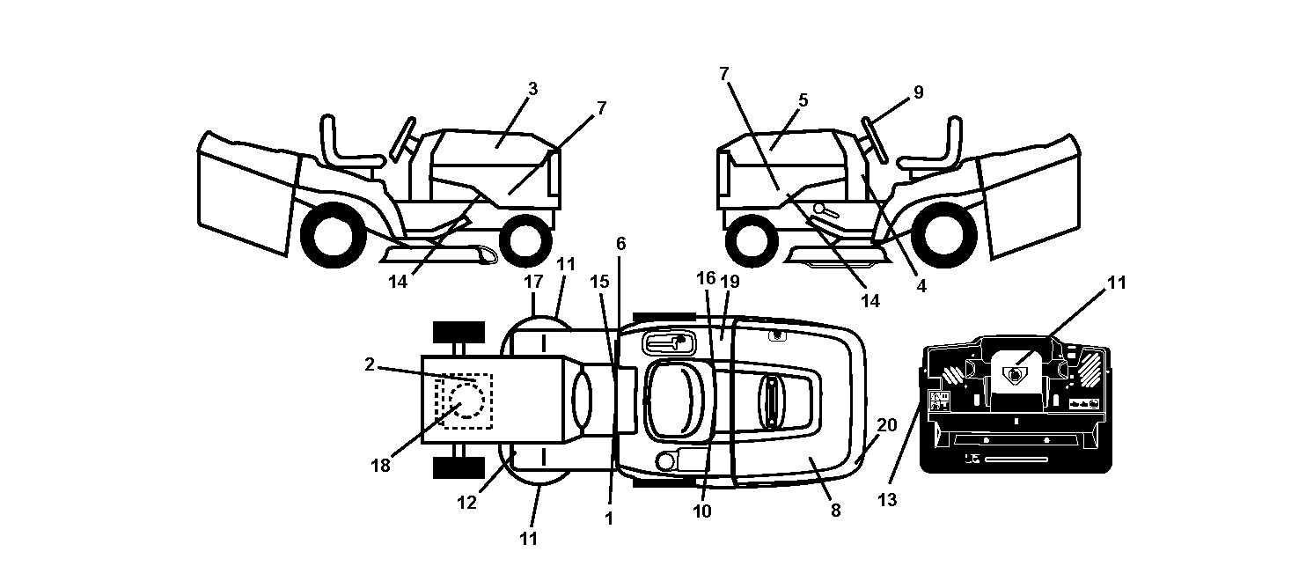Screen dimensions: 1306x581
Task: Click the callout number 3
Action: (532, 89)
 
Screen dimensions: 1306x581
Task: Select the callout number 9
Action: (919, 92)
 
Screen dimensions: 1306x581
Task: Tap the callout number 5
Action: (803, 100)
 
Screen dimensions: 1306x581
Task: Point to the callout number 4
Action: (921, 286)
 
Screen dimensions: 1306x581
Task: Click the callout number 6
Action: (621, 244)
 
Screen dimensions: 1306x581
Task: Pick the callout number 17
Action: (533, 282)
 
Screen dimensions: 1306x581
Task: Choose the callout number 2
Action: (369, 364)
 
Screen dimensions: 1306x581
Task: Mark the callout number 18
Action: (381, 466)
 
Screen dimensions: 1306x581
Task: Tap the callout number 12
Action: (466, 503)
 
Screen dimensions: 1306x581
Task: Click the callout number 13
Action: (887, 499)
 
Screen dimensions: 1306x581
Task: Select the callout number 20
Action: (887, 425)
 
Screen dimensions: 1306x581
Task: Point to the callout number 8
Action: (835, 511)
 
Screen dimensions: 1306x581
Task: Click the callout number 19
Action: (730, 281)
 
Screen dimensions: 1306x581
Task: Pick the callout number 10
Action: (702, 511)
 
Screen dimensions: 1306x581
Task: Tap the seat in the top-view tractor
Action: (675, 401)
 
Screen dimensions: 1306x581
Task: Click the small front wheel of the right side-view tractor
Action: (752, 240)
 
